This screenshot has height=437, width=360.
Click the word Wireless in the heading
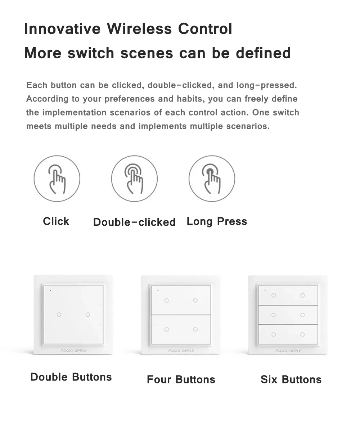(x=139, y=28)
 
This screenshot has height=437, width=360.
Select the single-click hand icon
(x=57, y=179)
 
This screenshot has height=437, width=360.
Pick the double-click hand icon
(x=134, y=179)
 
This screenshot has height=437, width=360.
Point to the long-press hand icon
(x=212, y=179)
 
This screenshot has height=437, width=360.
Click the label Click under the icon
(x=56, y=221)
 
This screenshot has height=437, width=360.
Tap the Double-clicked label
(x=134, y=222)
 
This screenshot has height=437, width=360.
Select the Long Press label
(x=217, y=221)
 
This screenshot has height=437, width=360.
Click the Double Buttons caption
(x=71, y=377)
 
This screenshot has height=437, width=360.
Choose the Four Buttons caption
(x=181, y=379)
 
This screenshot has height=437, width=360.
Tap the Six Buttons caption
(x=291, y=379)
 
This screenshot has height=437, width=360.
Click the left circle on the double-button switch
(x=59, y=315)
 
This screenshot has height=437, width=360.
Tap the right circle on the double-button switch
(x=88, y=315)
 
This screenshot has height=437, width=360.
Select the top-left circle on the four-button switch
(x=167, y=301)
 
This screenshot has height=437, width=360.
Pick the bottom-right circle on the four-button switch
(x=195, y=329)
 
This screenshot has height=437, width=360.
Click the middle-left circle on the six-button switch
(x=274, y=315)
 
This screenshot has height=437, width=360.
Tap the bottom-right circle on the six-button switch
(x=302, y=334)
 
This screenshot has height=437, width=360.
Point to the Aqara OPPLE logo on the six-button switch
(x=288, y=351)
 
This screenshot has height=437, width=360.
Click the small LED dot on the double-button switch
(x=50, y=290)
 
